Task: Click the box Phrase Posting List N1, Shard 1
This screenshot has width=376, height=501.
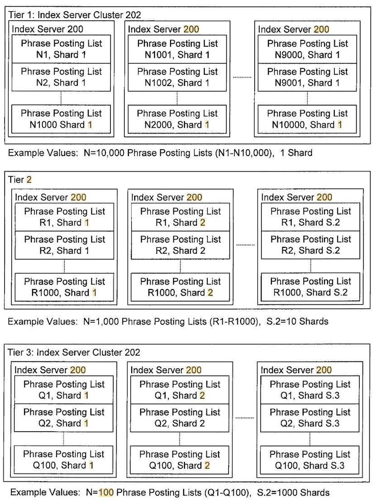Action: pyautogui.click(x=61, y=49)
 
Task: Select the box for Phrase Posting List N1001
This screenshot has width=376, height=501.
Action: pyautogui.click(x=177, y=49)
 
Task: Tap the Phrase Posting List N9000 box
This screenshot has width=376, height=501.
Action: pyautogui.click(x=307, y=49)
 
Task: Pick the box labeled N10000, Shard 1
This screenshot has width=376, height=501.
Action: pyautogui.click(x=307, y=119)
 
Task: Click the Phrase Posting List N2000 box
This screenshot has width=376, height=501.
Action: pyautogui.click(x=177, y=119)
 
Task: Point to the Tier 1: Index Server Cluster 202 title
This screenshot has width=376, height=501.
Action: pyautogui.click(x=75, y=15)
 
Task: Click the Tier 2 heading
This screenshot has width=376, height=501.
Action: pyautogui.click(x=20, y=179)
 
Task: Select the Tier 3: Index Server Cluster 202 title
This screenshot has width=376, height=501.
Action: pyautogui.click(x=74, y=352)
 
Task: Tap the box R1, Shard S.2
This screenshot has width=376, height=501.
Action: pyautogui.click(x=310, y=217)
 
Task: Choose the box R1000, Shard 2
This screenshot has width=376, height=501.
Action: pyautogui.click(x=181, y=287)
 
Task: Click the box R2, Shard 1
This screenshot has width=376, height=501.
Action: pyautogui.click(x=64, y=245)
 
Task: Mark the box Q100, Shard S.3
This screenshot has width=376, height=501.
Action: pyautogui.click(x=310, y=460)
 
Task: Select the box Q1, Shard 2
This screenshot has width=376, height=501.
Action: pyautogui.click(x=180, y=390)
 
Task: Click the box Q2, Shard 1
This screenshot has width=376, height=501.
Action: pyautogui.click(x=64, y=418)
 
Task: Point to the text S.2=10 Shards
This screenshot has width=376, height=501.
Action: pyautogui.click(x=297, y=321)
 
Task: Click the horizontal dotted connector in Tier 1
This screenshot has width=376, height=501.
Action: pyautogui.click(x=242, y=77)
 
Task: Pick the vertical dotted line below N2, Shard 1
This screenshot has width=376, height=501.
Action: pyautogui.click(x=61, y=98)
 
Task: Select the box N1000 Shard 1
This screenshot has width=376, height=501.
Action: pyautogui.click(x=61, y=119)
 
